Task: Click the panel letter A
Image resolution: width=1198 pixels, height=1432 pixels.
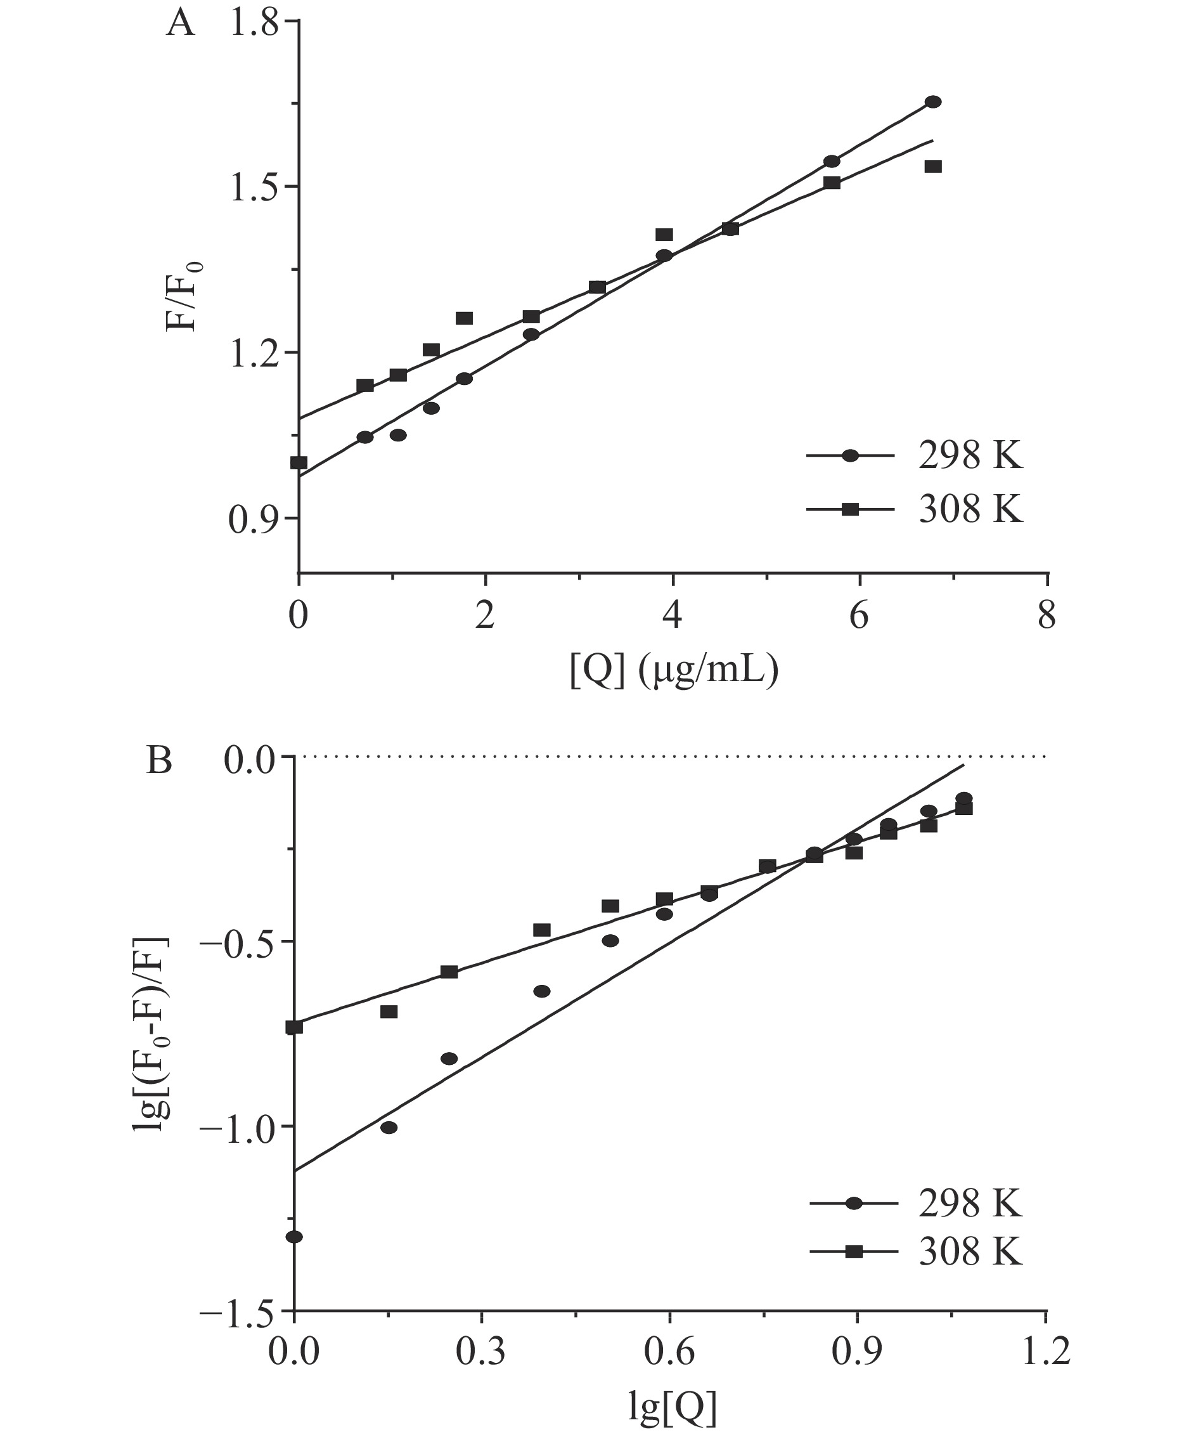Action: tap(181, 25)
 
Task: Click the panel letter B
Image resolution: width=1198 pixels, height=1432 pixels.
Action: tap(160, 761)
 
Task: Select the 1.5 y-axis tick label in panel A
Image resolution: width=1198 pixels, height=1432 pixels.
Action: tap(254, 188)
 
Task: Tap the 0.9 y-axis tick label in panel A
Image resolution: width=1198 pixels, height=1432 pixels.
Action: tap(254, 519)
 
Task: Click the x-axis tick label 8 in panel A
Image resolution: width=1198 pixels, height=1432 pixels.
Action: tap(1046, 616)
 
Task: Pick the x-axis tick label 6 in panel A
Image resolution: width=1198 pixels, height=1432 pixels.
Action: tap(859, 616)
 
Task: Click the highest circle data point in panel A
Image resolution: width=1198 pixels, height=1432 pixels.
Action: tap(933, 102)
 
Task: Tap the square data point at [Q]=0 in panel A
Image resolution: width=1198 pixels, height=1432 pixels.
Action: tap(299, 463)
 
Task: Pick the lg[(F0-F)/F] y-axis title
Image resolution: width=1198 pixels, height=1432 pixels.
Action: tap(151, 1034)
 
